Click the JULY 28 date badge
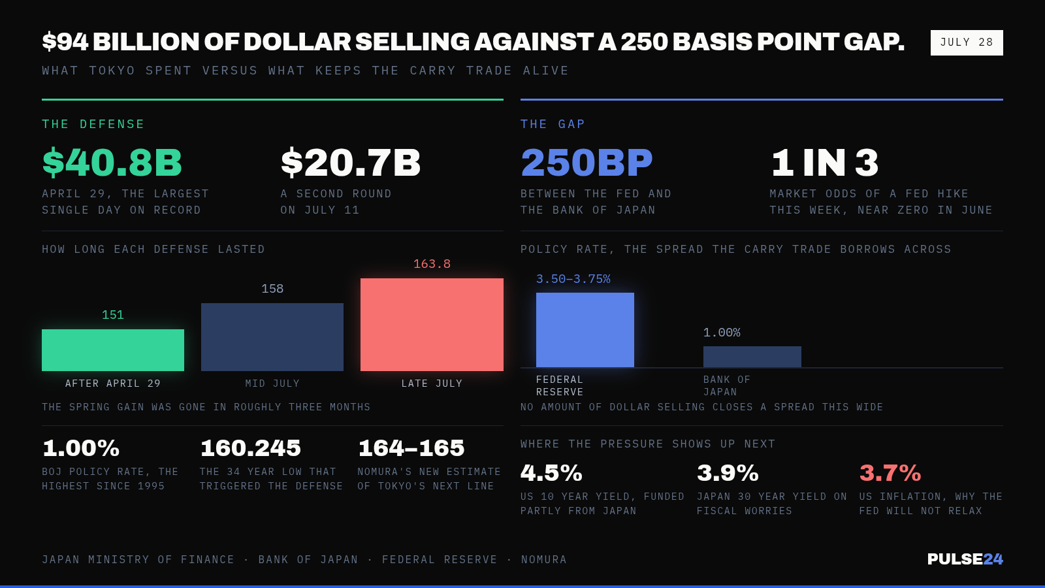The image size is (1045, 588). coord(967,42)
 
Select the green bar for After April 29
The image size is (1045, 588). coord(113,350)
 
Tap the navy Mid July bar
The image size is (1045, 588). coord(272,337)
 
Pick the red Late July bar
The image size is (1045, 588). coord(432,325)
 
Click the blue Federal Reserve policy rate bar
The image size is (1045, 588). coord(585,330)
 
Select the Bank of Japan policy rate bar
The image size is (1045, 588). coord(752,357)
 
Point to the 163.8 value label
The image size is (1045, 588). coord(432,264)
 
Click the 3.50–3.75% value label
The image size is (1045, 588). coord(573,279)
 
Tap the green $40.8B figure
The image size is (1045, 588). coord(112,163)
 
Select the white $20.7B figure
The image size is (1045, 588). coord(350,163)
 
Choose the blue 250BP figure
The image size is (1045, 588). coord(587,163)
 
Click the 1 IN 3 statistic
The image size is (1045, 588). coord(824,163)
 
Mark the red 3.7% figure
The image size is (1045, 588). coord(890,473)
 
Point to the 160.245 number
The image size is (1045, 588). coord(251,448)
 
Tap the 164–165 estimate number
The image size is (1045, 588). coord(411,448)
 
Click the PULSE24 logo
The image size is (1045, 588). coord(965,559)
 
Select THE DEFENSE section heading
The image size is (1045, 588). coord(93,124)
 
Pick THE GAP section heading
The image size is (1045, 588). coord(553,124)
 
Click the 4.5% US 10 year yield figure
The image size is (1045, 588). coord(551,473)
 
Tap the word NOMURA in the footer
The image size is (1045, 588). coord(544,559)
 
